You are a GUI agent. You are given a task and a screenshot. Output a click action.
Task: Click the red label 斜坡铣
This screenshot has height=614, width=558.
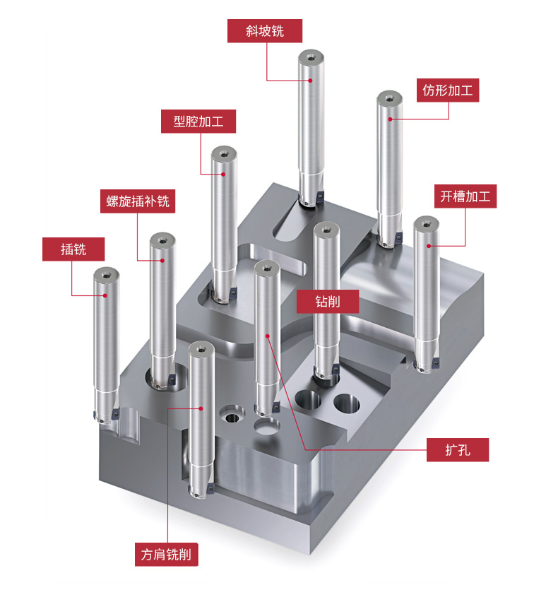click(265, 31)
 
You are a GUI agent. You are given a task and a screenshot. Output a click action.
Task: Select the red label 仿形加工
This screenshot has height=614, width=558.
click(448, 90)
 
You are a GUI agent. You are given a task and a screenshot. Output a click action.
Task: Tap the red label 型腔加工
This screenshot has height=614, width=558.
click(198, 122)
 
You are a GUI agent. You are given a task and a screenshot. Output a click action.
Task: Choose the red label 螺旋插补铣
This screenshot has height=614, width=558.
click(138, 201)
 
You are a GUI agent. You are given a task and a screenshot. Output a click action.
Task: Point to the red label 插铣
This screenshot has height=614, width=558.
click(73, 249)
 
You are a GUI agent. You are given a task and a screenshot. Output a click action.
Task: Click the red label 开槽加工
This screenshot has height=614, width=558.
click(465, 196)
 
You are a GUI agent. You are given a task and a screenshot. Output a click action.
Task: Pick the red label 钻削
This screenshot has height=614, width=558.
click(327, 301)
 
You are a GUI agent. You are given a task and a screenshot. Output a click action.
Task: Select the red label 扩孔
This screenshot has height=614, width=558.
click(458, 449)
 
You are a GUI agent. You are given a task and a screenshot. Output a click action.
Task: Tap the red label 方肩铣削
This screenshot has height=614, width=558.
click(167, 554)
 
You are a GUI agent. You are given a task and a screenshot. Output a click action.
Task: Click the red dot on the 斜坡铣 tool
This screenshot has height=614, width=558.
click(310, 81)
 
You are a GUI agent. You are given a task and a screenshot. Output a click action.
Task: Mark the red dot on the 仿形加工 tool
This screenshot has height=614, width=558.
click(390, 119)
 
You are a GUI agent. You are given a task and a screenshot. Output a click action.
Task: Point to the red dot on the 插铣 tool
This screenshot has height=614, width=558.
click(105, 295)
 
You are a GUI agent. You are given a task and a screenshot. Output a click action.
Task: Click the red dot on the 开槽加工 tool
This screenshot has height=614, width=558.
click(429, 246)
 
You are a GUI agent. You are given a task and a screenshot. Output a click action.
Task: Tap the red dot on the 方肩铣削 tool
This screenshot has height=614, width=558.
click(201, 408)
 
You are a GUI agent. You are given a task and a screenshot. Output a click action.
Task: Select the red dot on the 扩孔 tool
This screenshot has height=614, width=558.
click(268, 336)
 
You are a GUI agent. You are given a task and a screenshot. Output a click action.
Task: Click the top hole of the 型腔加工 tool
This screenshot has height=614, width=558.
click(224, 154)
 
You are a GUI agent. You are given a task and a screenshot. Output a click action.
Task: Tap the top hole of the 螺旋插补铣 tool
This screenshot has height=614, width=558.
click(162, 240)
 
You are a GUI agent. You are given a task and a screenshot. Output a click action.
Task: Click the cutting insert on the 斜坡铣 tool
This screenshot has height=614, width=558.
click(320, 196)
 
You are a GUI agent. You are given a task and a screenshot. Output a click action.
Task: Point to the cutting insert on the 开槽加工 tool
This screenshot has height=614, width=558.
click(435, 363)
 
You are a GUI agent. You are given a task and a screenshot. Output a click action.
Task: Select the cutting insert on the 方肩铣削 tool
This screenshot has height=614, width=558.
click(211, 487)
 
